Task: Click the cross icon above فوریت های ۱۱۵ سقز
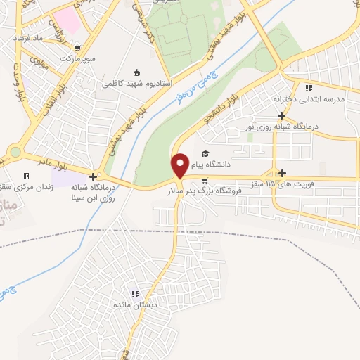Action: (x=283, y=173)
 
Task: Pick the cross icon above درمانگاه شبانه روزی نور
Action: (x=281, y=115)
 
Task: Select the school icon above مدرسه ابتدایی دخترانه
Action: (x=308, y=87)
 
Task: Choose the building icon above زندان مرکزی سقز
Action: (x=27, y=176)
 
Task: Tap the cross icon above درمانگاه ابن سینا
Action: (x=93, y=175)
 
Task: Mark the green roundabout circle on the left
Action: (x=15, y=152)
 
